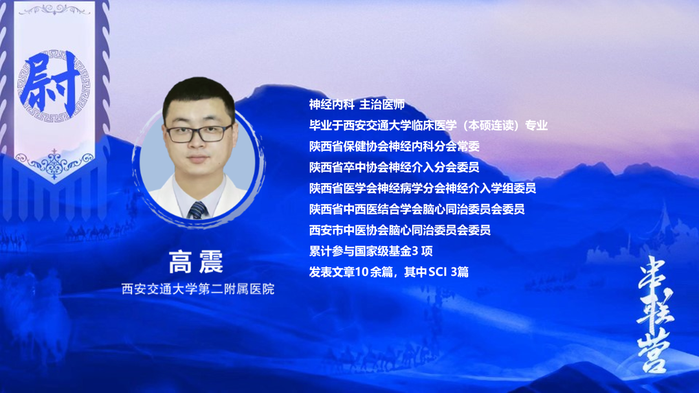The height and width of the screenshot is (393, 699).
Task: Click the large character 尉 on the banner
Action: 53,82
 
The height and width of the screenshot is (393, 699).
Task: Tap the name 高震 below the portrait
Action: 195,262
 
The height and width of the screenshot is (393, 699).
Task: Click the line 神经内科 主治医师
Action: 357,105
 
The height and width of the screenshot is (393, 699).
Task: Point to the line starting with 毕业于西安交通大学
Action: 428,126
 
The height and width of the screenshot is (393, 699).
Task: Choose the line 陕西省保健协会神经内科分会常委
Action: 394,146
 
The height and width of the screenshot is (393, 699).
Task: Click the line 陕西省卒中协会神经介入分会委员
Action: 394,168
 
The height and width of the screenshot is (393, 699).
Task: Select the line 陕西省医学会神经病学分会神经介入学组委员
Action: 423,188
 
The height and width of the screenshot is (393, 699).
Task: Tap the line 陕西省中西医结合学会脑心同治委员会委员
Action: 417,209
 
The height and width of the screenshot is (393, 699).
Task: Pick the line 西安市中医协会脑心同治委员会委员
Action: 400,230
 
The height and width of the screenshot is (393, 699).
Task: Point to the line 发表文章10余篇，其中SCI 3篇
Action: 389,272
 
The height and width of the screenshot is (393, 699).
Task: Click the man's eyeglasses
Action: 198,133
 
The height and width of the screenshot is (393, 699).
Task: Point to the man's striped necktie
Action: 197,208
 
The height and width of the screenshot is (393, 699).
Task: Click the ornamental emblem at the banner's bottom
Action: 54,161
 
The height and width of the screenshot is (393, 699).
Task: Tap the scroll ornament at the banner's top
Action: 54,9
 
